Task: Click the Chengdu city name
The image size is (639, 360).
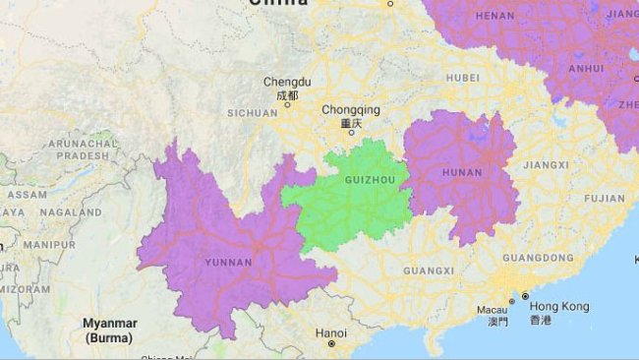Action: pyautogui.click(x=287, y=83)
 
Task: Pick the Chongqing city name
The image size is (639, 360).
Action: pyautogui.click(x=351, y=110)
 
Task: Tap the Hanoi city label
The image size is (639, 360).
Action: pyautogui.click(x=331, y=333)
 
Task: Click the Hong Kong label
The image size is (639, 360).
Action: pyautogui.click(x=559, y=307)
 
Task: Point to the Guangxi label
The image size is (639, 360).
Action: pyautogui.click(x=429, y=270)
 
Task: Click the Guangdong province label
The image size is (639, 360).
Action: pyautogui.click(x=538, y=258)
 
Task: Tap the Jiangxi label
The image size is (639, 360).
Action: pyautogui.click(x=547, y=165)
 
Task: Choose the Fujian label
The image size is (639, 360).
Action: pyautogui.click(x=604, y=198)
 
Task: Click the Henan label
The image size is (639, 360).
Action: pyautogui.click(x=494, y=17)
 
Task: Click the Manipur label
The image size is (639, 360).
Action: pyautogui.click(x=49, y=244)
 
